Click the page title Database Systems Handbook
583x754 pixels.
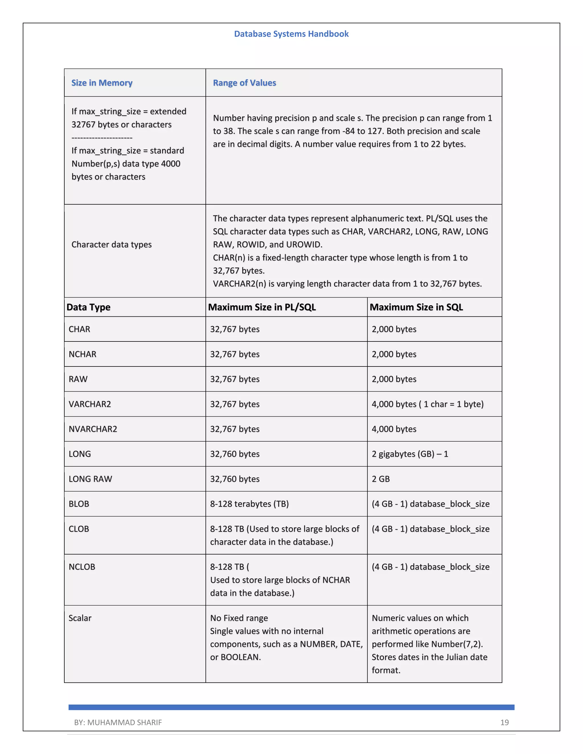pyautogui.click(x=291, y=34)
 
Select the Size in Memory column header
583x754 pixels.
pyautogui.click(x=102, y=83)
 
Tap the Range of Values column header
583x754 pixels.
pyautogui.click(x=244, y=83)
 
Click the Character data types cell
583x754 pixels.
pyautogui.click(x=111, y=244)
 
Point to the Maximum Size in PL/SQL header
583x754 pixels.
pyautogui.click(x=262, y=307)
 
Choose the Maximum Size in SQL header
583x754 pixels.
pyautogui.click(x=416, y=307)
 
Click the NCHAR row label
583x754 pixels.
pyautogui.click(x=83, y=354)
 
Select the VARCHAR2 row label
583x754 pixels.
pyautogui.click(x=90, y=404)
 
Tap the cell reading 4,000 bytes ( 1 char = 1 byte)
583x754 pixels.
pyautogui.click(x=427, y=404)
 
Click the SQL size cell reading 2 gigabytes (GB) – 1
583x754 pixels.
pyautogui.click(x=410, y=454)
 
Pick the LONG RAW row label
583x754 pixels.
pyautogui.click(x=90, y=479)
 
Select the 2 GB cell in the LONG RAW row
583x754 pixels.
pyautogui.click(x=381, y=479)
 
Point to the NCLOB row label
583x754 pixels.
pyautogui.click(x=82, y=567)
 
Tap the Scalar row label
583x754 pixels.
pyautogui.click(x=80, y=618)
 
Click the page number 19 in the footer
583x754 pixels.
pyautogui.click(x=504, y=722)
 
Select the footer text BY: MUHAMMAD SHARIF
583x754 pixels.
pyautogui.click(x=118, y=722)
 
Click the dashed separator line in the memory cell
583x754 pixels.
pyautogui.click(x=102, y=138)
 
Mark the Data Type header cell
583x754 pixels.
pyautogui.click(x=89, y=307)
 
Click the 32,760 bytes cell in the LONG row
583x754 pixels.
pyautogui.click(x=235, y=454)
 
